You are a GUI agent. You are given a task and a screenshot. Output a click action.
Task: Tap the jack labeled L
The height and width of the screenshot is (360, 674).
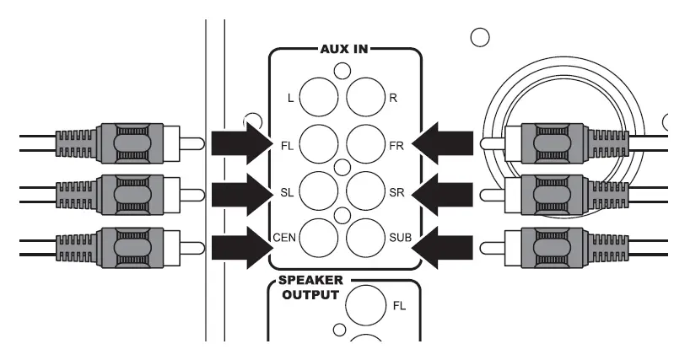click(319, 98)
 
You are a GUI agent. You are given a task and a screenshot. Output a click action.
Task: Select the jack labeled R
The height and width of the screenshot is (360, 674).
click(364, 98)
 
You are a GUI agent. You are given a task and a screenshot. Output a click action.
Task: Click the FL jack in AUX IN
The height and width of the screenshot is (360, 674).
click(319, 143)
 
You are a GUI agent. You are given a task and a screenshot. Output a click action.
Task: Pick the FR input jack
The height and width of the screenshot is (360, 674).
click(364, 143)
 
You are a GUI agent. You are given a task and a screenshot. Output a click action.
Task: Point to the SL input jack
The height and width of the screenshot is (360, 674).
click(319, 191)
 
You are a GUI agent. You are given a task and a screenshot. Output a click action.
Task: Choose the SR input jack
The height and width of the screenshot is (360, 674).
click(364, 191)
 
